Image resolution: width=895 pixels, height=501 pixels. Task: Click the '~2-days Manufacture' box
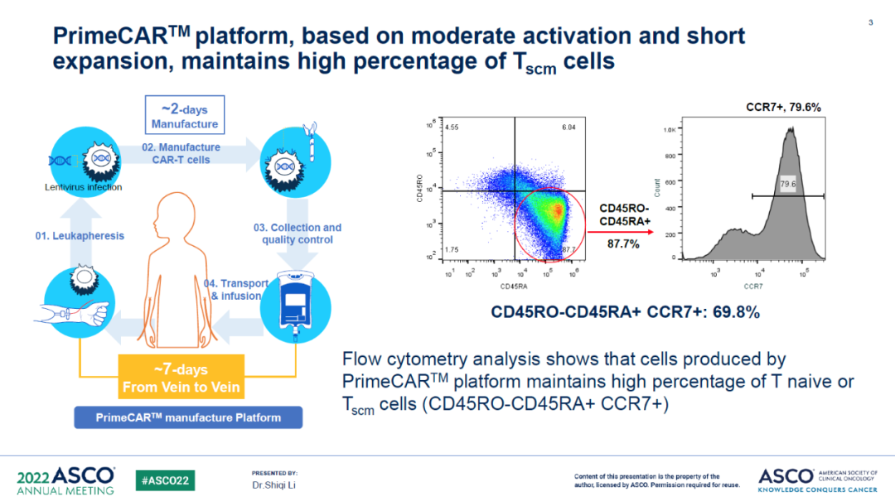coord(185,117)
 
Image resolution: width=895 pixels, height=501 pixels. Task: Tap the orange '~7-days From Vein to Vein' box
coord(181,378)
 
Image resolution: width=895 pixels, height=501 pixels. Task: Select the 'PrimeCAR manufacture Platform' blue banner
coord(187,417)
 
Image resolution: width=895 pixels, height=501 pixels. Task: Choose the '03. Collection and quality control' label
coord(297,234)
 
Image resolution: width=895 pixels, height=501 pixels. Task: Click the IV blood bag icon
coord(294,304)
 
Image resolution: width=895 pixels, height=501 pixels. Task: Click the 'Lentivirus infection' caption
coord(83,187)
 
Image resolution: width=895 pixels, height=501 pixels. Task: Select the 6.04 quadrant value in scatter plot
coord(568,128)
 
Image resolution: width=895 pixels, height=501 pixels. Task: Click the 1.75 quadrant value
coord(452,248)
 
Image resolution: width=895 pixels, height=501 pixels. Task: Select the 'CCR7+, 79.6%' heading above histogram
coord(779,107)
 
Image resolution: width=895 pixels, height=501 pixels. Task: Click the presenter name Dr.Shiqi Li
coord(273,484)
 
